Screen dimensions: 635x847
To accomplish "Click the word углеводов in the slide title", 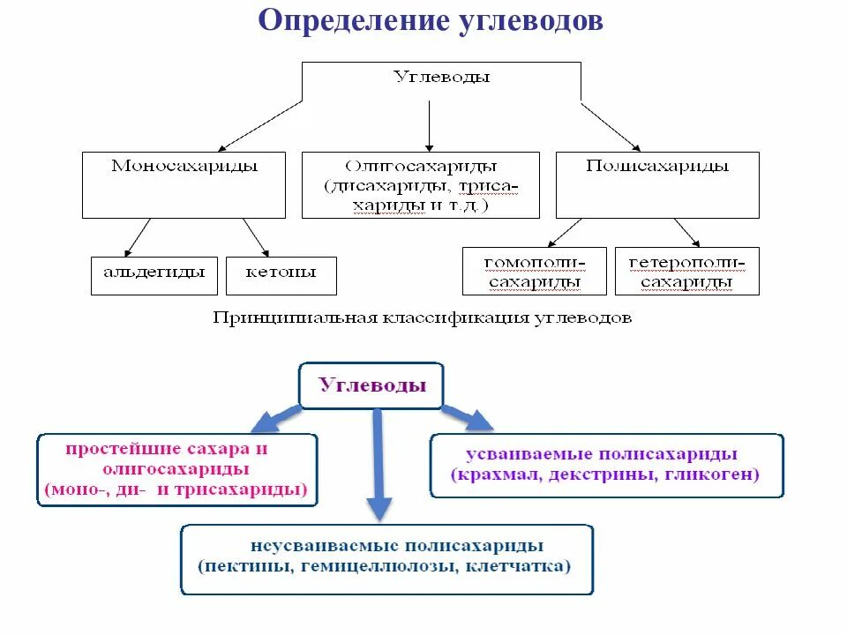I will pyautogui.click(x=533, y=22).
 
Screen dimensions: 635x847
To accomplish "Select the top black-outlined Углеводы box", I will pyautogui.click(x=441, y=81).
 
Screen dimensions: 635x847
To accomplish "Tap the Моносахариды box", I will pyautogui.click(x=184, y=184).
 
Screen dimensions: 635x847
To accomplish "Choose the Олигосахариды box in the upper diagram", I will pyautogui.click(x=420, y=184).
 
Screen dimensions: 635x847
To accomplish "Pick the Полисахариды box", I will pyautogui.click(x=657, y=184).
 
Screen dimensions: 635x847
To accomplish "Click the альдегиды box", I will pyautogui.click(x=154, y=275).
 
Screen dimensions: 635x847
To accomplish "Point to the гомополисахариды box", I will pyautogui.click(x=535, y=271).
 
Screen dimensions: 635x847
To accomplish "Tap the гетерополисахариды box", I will pyautogui.click(x=686, y=271).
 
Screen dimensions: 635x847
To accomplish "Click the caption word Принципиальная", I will pyautogui.click(x=281, y=317).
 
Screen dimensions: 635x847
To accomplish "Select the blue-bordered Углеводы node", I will pyautogui.click(x=371, y=385).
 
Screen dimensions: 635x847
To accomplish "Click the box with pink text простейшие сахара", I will pyautogui.click(x=177, y=469).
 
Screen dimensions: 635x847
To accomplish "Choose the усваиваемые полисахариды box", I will pyautogui.click(x=606, y=466).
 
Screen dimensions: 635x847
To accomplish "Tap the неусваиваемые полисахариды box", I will pyautogui.click(x=386, y=559).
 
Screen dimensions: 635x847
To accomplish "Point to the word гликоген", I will pyautogui.click(x=719, y=475).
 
